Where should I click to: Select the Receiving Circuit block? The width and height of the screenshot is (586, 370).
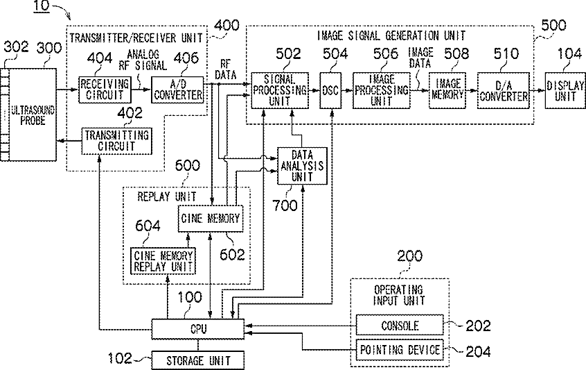(105, 90)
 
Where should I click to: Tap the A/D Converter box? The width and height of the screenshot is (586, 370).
(177, 90)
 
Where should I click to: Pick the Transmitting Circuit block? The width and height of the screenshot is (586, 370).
(116, 141)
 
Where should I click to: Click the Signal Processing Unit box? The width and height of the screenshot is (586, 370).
(280, 90)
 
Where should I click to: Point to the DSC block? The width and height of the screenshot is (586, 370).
(330, 90)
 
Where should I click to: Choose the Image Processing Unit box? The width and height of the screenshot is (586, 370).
(381, 90)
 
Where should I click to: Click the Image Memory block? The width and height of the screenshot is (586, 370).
(447, 90)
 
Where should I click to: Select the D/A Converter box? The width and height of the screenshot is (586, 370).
(504, 90)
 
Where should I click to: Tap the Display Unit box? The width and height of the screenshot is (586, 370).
(565, 90)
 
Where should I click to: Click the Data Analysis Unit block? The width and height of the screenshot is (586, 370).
(302, 166)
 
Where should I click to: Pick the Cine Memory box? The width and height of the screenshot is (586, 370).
(211, 219)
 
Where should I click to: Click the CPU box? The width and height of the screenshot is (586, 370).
(197, 329)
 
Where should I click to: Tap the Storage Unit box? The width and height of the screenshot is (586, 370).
(197, 360)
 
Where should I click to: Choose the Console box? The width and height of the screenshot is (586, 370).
(400, 325)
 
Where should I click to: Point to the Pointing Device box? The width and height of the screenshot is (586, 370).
(400, 350)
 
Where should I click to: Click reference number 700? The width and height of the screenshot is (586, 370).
(285, 205)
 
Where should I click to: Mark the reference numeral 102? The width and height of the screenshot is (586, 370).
(120, 358)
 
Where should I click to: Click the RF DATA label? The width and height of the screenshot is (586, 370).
(225, 69)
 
